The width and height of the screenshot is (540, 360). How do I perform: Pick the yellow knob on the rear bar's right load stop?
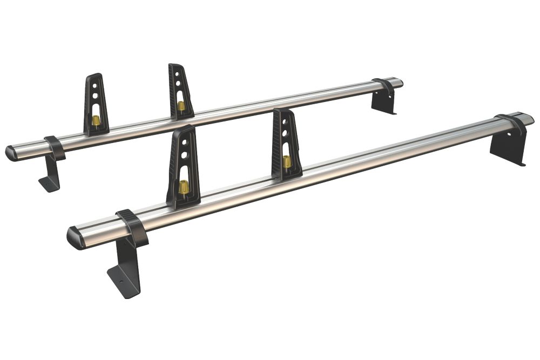(x=181, y=106)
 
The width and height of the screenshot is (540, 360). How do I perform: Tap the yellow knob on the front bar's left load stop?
(x=184, y=186)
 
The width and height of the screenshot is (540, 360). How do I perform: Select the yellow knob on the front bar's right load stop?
(x=287, y=162)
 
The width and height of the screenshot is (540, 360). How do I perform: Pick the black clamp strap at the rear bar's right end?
(x=384, y=87)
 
